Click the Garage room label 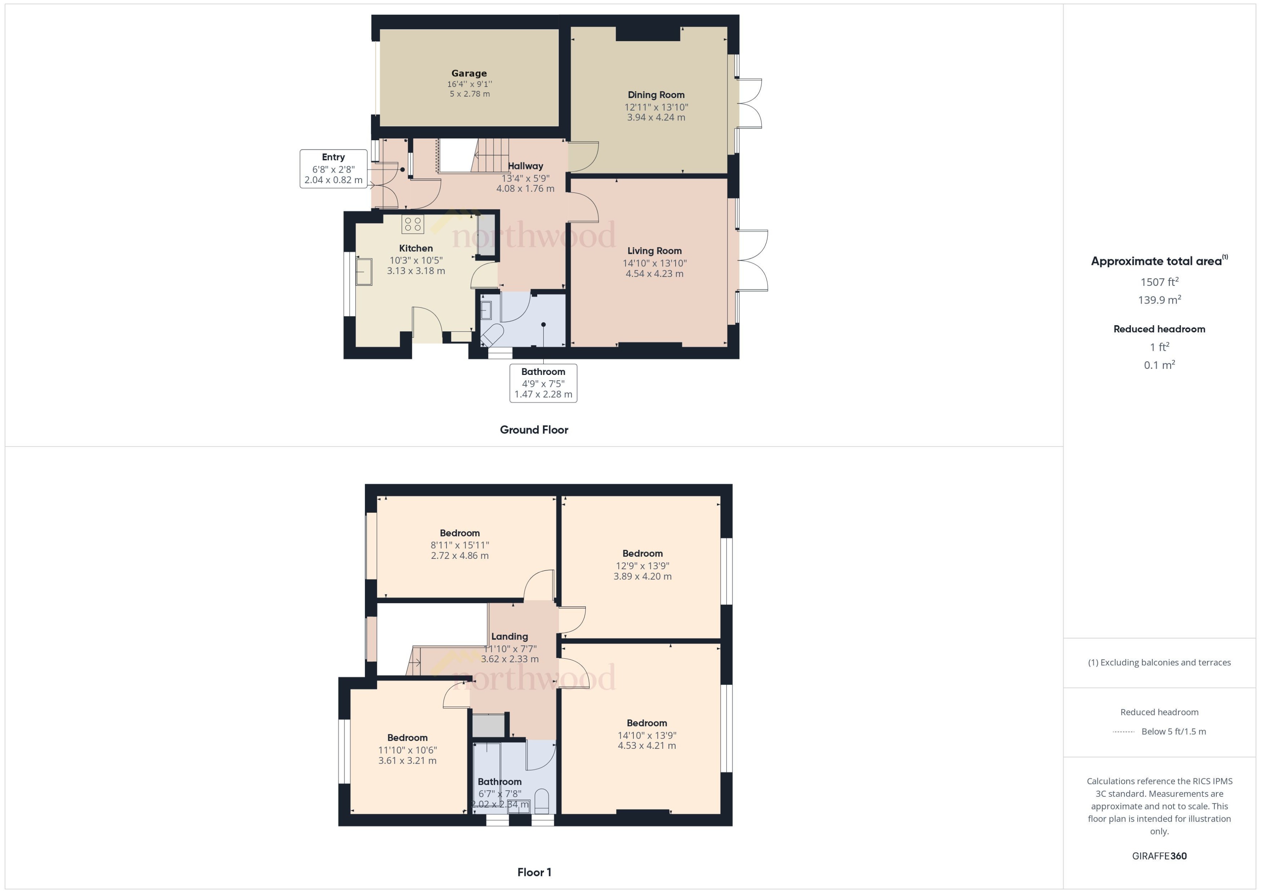point(469,73)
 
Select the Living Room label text point(654,251)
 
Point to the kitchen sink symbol point(363,271)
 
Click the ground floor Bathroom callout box point(543,383)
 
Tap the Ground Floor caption point(534,429)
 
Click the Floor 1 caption point(534,872)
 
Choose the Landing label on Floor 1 point(509,636)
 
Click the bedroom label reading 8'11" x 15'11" point(459,545)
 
